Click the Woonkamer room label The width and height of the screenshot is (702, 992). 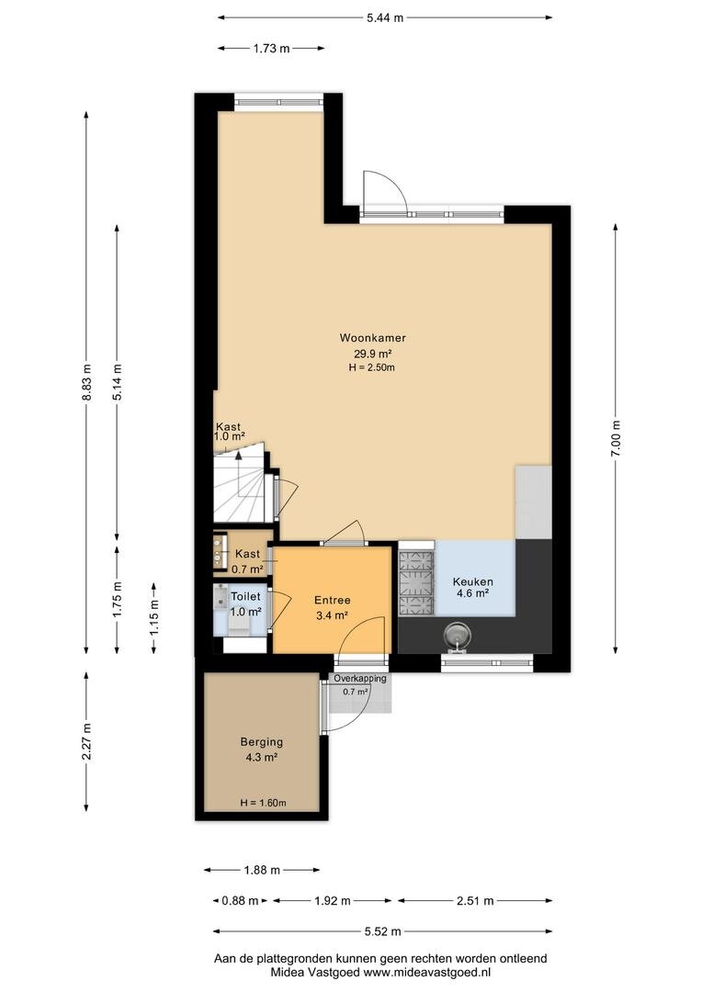[373, 338]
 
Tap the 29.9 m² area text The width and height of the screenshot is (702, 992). [373, 354]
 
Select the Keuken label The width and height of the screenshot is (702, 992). [473, 582]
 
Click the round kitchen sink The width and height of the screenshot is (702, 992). [458, 633]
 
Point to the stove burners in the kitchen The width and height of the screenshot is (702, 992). [416, 582]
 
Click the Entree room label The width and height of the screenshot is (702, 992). [333, 601]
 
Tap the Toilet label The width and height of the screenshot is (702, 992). [245, 597]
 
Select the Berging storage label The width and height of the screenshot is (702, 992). [262, 742]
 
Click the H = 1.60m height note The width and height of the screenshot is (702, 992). [264, 803]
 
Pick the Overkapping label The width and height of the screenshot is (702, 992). [360, 678]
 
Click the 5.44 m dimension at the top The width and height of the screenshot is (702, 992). [385, 17]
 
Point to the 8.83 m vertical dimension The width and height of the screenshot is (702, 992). [86, 382]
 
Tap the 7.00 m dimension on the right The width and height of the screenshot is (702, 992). [616, 438]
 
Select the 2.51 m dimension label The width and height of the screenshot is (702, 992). [475, 900]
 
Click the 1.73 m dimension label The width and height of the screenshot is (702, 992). [272, 48]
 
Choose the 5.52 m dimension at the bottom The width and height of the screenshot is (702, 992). [383, 931]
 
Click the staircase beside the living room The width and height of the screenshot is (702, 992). [241, 484]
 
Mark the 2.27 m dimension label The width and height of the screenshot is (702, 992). [86, 741]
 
